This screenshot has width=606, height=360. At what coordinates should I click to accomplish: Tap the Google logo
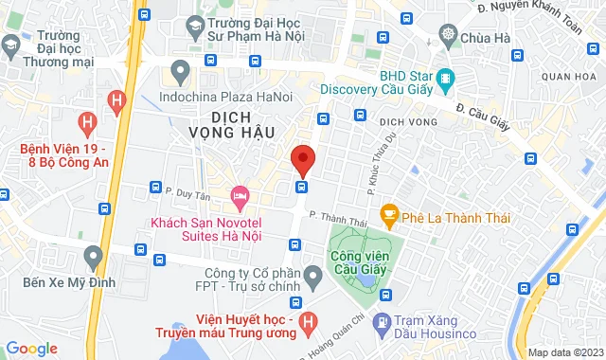30,349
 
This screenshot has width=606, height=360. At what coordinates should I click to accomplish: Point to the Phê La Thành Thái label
456,218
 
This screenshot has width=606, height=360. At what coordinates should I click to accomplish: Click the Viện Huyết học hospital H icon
306,325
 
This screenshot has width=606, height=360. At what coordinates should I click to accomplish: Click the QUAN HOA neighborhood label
569,76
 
